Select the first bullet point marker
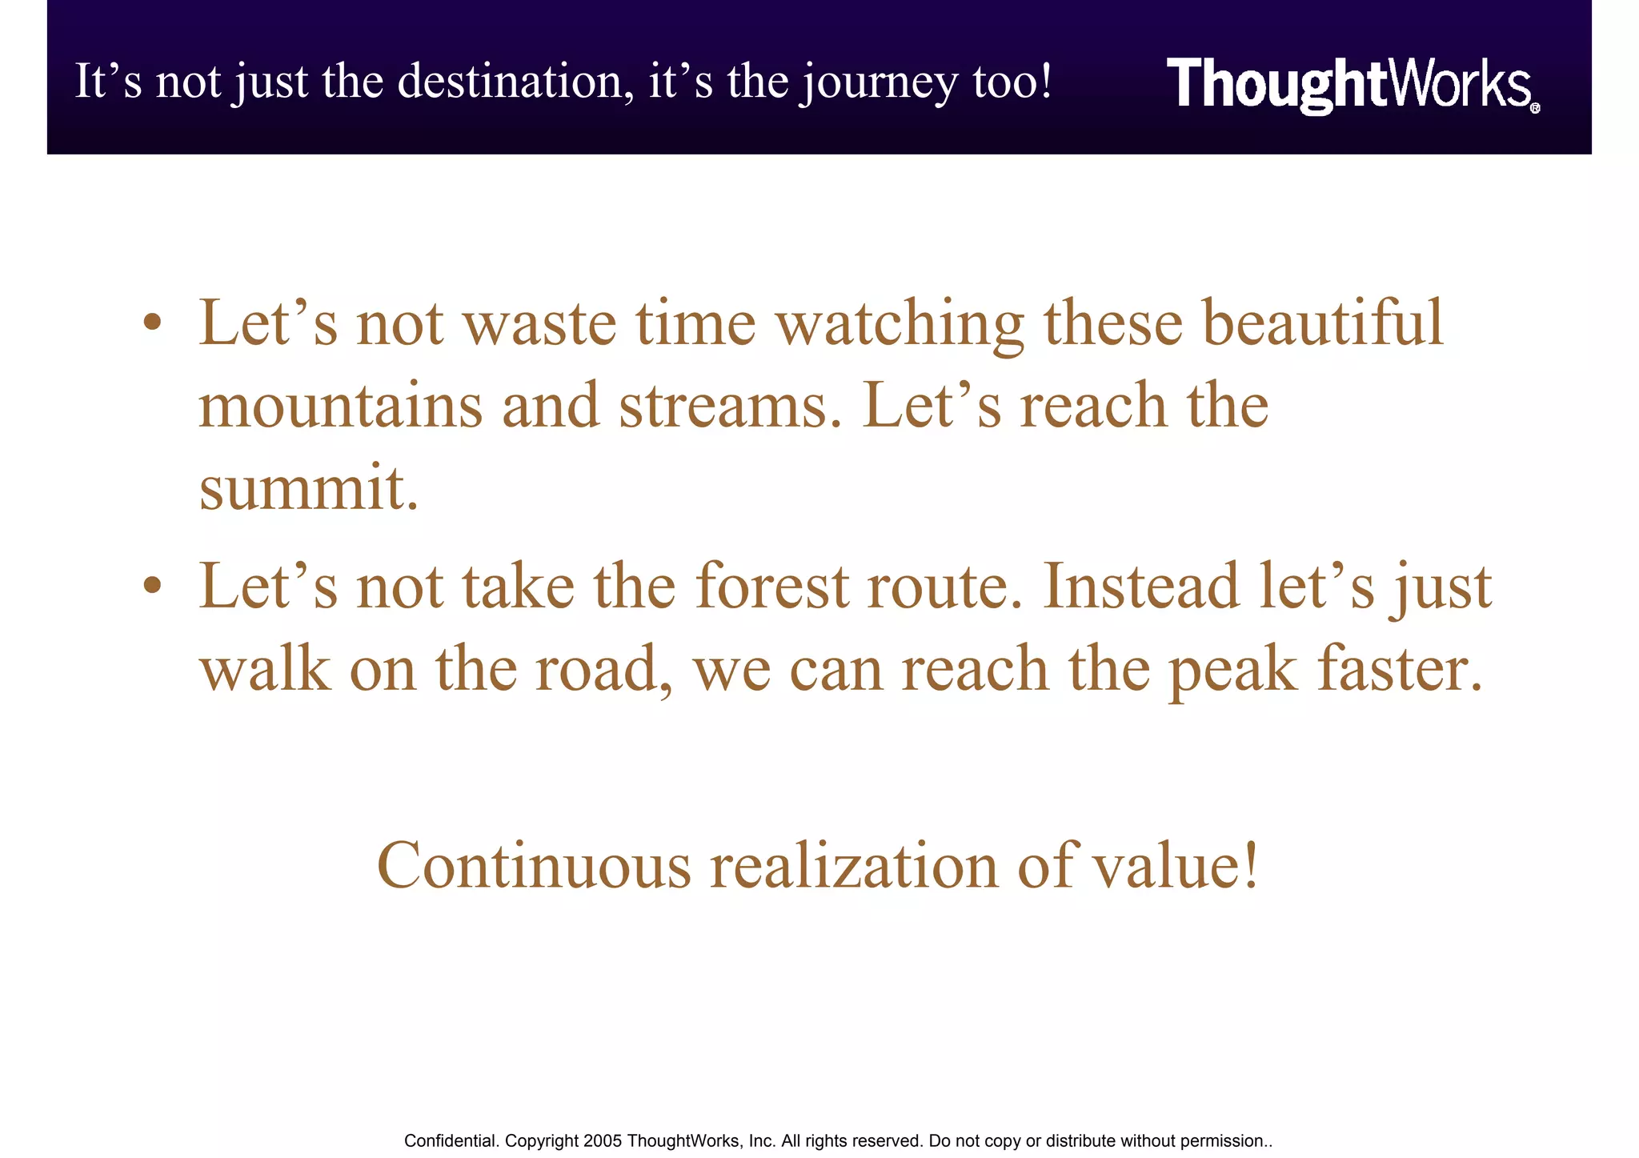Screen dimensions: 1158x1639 pos(153,323)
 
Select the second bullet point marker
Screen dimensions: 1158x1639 pos(153,586)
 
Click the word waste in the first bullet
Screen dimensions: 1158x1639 pos(540,323)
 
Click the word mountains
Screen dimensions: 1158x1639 pos(340,405)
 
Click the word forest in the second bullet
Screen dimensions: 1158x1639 pos(771,586)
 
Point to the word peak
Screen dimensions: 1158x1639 pos(1232,671)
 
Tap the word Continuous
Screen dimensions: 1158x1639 pos(534,866)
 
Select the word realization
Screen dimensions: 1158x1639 pos(855,866)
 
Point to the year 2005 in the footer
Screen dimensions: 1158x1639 pos(603,1141)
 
